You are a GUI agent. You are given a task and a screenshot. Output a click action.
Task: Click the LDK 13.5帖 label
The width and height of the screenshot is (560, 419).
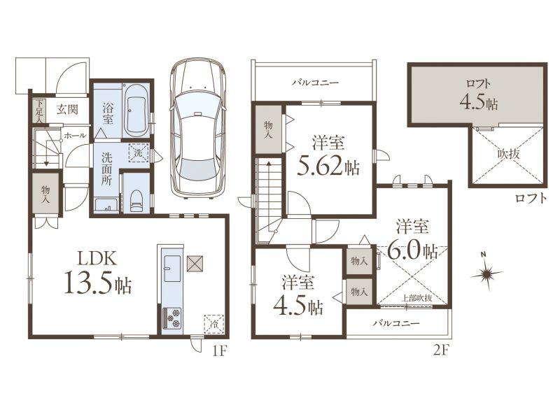tap(98, 272)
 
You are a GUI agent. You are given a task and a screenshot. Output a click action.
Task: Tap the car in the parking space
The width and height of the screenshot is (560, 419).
tap(198, 128)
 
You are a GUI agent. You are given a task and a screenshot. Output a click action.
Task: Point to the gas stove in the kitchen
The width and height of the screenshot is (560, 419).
tap(172, 318)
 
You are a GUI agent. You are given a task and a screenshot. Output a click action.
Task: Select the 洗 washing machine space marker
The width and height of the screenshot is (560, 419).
tap(138, 152)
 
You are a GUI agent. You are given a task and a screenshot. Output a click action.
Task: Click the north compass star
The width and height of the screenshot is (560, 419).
tap(486, 274)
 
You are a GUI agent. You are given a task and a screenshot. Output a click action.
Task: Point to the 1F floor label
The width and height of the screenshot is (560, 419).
tap(219, 351)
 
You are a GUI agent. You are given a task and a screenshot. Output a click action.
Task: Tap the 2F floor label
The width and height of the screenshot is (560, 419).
tap(440, 351)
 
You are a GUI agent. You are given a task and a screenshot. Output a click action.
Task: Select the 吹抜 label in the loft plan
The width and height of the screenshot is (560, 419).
tap(508, 154)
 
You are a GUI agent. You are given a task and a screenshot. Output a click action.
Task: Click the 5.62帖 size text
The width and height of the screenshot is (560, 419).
tap(328, 166)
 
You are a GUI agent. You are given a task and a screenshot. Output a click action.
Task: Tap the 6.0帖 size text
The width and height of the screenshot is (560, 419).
tap(412, 251)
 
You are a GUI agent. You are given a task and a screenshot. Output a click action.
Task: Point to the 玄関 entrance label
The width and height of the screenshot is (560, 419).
tap(66, 109)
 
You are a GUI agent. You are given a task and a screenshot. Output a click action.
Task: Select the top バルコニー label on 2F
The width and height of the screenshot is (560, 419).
tap(315, 83)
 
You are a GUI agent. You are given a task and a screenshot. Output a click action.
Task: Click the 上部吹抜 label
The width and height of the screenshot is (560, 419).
tap(417, 298)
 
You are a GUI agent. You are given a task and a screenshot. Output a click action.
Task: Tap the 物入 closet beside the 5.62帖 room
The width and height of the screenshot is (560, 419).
tap(268, 129)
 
